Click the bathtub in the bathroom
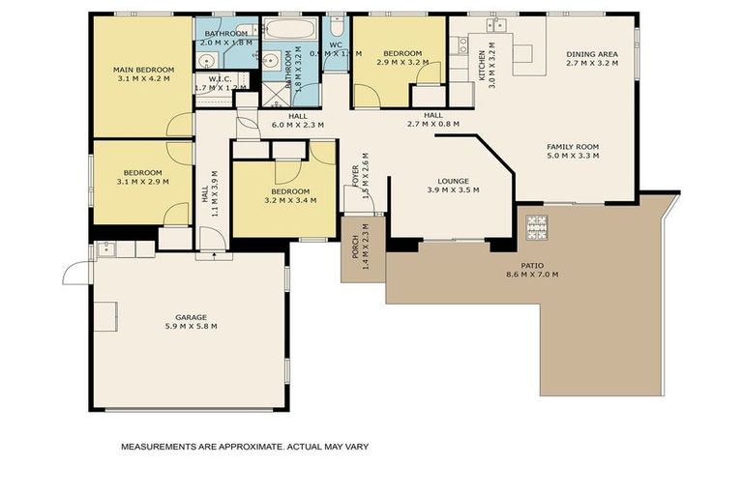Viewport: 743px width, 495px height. click(289, 28)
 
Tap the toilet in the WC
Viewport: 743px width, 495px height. click(336, 26)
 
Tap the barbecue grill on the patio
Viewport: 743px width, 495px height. click(536, 228)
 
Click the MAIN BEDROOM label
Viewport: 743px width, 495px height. click(142, 70)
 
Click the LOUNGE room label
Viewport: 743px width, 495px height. click(453, 180)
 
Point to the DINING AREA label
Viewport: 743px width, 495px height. click(591, 53)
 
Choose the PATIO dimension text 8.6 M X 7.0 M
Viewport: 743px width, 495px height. click(531, 275)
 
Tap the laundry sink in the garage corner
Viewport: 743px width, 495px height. click(108, 249)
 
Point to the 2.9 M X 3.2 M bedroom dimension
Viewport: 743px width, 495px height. click(401, 62)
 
